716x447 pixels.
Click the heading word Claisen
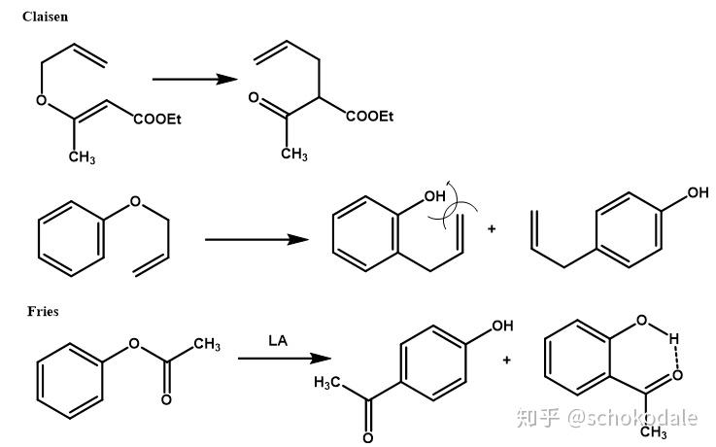pyautogui.click(x=46, y=17)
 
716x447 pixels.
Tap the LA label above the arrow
pyautogui.click(x=278, y=340)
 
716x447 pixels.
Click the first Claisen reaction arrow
pyautogui.click(x=194, y=79)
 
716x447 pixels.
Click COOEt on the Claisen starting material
pyautogui.click(x=157, y=120)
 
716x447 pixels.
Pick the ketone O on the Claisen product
pyautogui.click(x=254, y=98)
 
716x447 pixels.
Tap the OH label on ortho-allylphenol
pyautogui.click(x=433, y=196)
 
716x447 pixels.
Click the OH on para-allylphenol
pyautogui.click(x=698, y=193)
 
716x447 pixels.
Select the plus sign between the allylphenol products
pyautogui.click(x=491, y=229)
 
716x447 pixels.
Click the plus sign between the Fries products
pyautogui.click(x=506, y=361)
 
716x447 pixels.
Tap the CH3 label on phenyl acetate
pyautogui.click(x=206, y=346)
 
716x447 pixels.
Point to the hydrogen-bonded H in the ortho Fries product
pyautogui.click(x=672, y=339)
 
